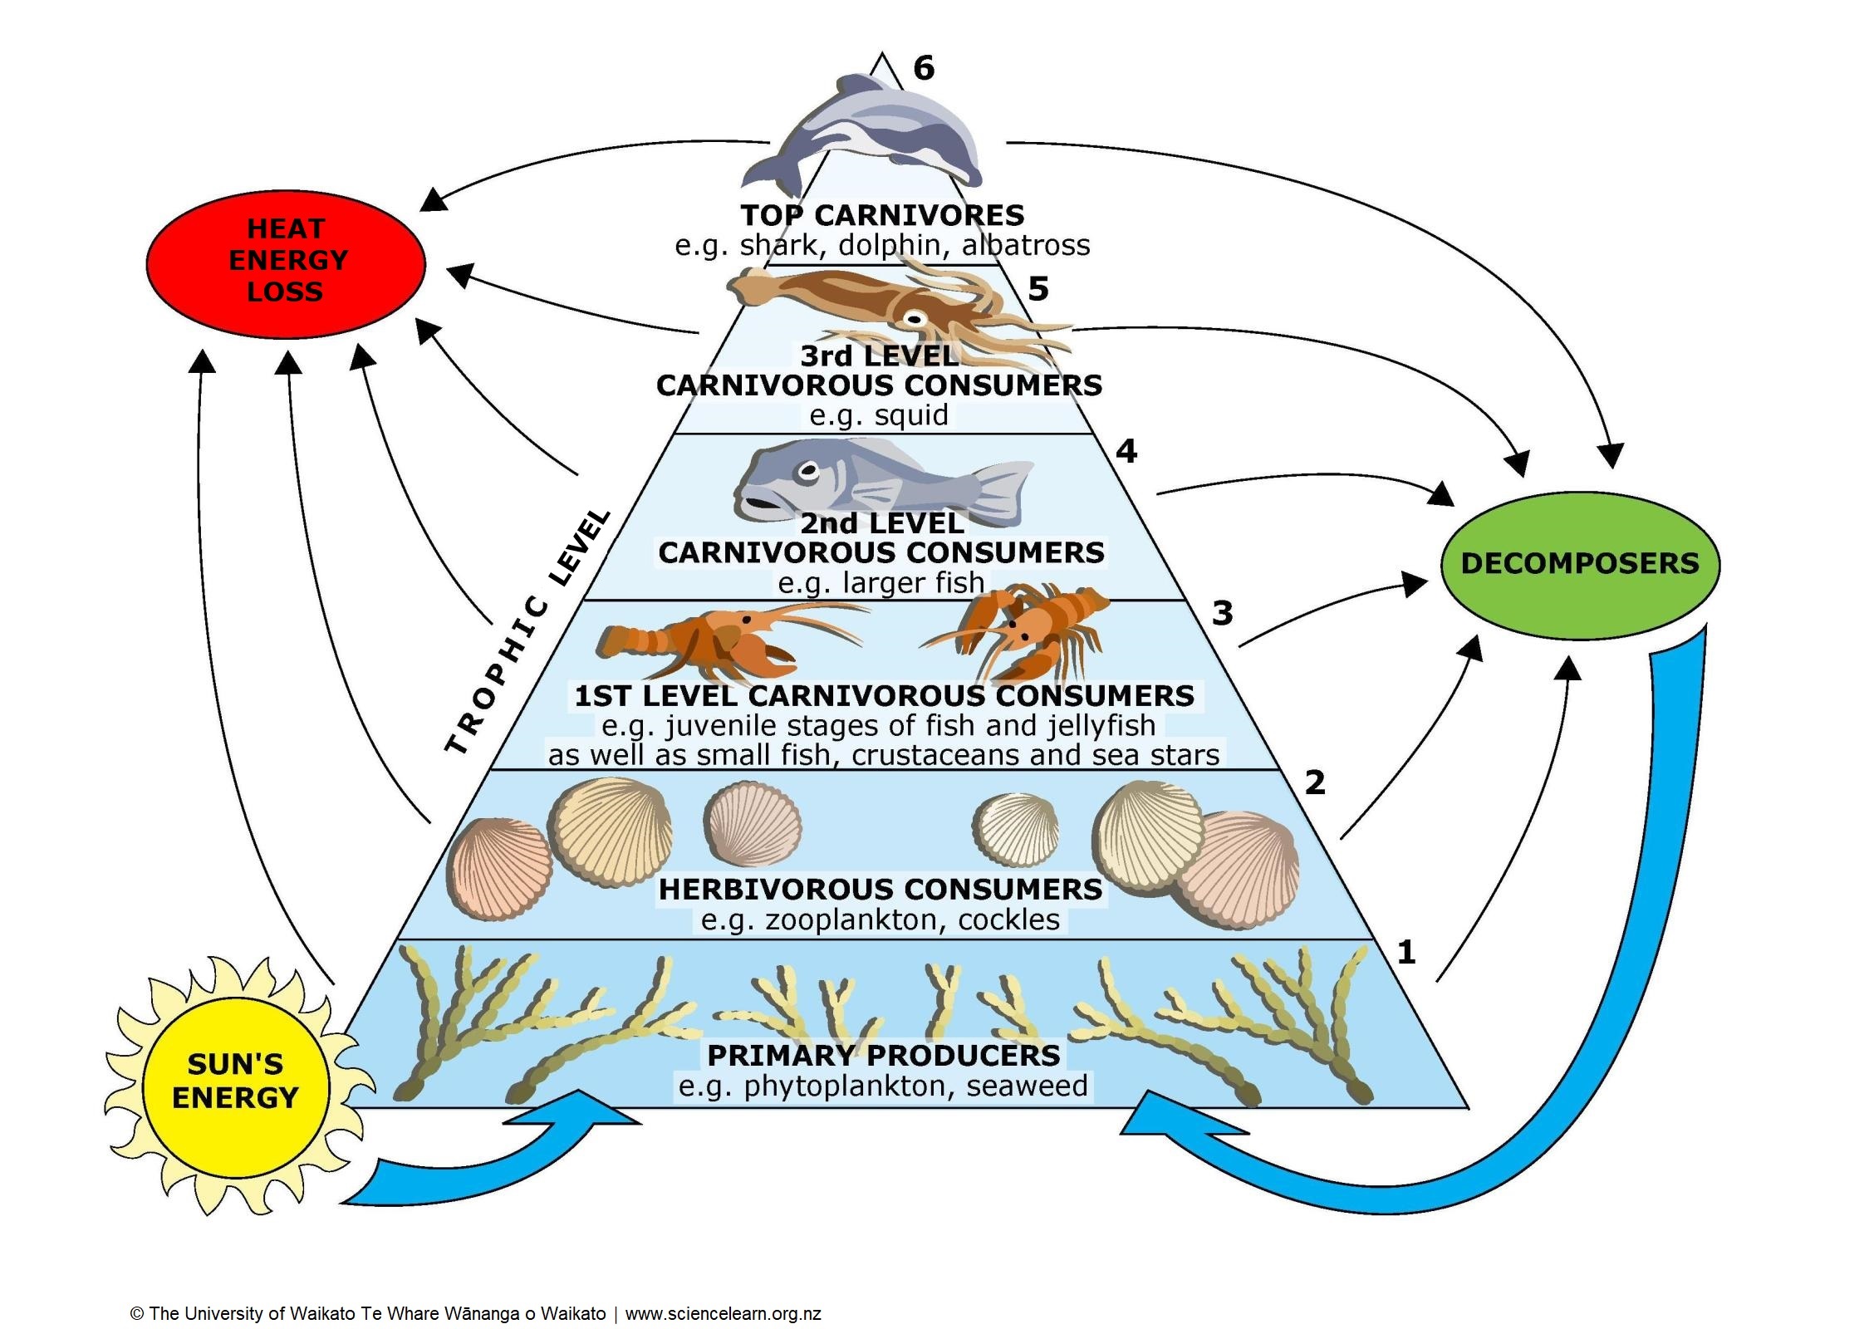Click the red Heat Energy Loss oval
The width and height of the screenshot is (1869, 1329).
click(286, 264)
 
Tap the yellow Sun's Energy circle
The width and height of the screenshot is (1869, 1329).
click(235, 1081)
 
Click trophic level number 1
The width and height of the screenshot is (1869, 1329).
click(1405, 952)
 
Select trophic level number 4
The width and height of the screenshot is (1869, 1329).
click(1126, 451)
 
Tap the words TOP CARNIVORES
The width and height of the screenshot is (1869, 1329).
click(882, 215)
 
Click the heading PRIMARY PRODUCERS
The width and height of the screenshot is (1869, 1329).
click(883, 1055)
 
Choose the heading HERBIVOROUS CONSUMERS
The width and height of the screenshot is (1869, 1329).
click(881, 889)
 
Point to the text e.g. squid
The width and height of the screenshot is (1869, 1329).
click(879, 414)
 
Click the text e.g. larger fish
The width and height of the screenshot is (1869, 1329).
click(881, 582)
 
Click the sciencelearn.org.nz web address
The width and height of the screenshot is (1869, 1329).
click(723, 1313)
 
